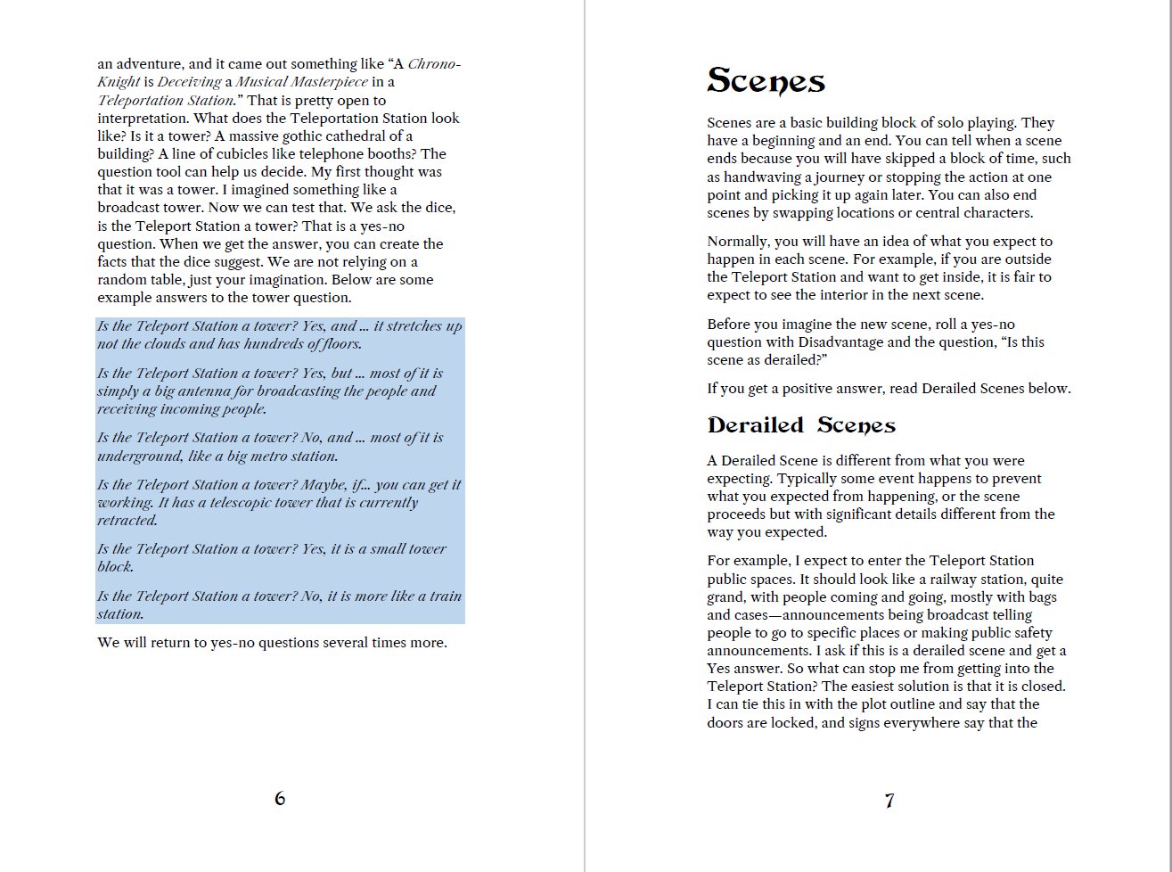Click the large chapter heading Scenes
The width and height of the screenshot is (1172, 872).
[766, 81]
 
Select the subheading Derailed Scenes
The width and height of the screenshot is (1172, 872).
[801, 425]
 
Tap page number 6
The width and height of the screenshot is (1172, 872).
[280, 798]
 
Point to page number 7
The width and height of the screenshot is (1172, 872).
[889, 801]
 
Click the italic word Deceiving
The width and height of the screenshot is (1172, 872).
[190, 82]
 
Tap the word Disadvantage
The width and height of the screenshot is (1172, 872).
[842, 342]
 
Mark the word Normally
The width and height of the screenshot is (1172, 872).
[739, 242]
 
